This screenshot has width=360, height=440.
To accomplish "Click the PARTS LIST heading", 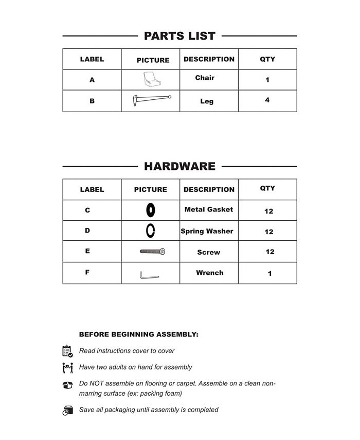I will click(179, 36).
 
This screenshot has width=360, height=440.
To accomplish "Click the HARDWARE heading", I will click(179, 166).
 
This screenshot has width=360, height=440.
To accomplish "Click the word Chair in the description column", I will click(205, 78).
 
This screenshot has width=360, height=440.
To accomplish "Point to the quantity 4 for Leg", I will click(267, 100).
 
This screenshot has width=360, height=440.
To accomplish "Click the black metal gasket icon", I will click(151, 210).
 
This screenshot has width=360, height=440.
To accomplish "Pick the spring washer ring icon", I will click(151, 231).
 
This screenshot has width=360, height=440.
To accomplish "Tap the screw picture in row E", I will click(152, 252).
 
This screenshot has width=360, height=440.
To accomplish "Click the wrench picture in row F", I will click(149, 275).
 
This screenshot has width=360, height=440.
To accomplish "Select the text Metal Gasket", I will click(209, 209).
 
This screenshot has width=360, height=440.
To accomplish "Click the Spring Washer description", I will click(207, 231).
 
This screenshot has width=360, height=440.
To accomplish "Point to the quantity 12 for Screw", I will click(269, 252).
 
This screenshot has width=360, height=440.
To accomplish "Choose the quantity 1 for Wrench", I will click(269, 274).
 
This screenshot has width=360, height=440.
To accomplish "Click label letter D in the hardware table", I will click(87, 231).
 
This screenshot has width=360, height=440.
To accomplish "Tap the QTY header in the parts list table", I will click(267, 59).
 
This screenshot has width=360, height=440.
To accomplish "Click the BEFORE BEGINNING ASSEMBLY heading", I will click(138, 335).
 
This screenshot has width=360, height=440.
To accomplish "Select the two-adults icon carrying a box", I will click(67, 368).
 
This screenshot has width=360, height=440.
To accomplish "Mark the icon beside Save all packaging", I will click(67, 410).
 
